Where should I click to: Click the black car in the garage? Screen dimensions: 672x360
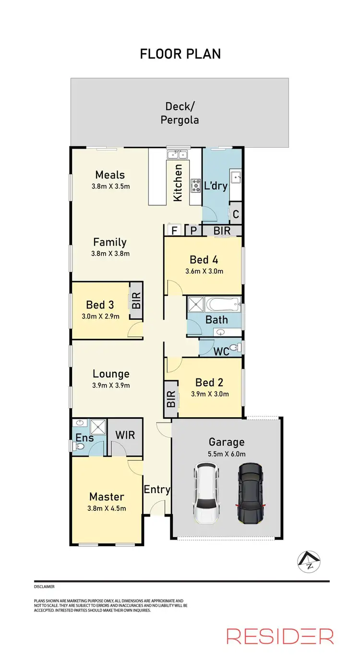coord(250,493)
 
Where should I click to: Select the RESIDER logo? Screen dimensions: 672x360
coord(280,636)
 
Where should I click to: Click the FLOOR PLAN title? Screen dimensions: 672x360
coord(180,54)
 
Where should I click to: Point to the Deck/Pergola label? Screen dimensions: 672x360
coord(182,113)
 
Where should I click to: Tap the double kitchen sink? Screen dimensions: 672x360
coord(177,154)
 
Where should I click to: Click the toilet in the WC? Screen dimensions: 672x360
coord(234,348)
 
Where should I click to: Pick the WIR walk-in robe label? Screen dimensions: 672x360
coord(125,436)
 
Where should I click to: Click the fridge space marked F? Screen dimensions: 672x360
coord(175,231)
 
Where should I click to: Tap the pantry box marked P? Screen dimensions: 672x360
coord(193,231)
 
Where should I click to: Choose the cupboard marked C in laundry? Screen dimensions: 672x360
coord(235,213)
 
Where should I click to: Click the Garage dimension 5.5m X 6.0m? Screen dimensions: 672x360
coord(227,454)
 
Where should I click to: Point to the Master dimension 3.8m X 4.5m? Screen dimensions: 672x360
coord(107,508)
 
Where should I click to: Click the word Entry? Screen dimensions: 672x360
coord(157,489)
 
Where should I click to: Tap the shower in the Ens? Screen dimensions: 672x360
coord(98,426)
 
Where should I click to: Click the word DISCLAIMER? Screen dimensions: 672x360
coord(44,587)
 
